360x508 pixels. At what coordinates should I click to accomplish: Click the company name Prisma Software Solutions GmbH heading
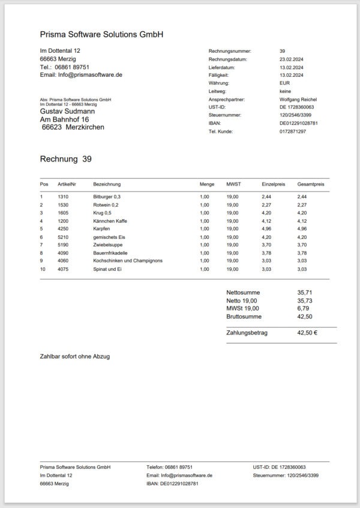tap(101, 35)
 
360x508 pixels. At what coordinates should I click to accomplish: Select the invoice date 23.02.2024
tap(292, 60)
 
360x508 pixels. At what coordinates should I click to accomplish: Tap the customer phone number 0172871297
tap(293, 131)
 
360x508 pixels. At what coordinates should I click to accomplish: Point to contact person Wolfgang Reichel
tap(298, 99)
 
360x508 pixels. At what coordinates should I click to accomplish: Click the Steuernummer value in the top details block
tap(296, 115)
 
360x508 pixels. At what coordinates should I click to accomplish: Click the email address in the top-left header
tap(81, 75)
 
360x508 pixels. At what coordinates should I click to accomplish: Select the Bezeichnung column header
tap(107, 184)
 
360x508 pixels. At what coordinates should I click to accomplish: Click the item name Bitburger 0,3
tap(107, 196)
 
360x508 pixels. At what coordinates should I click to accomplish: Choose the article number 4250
tap(63, 229)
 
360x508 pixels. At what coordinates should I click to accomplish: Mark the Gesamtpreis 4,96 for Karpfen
tap(302, 229)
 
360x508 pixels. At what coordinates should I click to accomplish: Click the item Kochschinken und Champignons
tap(128, 261)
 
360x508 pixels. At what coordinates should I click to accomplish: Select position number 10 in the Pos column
tap(43, 269)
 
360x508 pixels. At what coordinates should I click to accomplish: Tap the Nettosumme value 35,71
tap(305, 292)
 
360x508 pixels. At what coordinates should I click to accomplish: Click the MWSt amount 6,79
tap(304, 308)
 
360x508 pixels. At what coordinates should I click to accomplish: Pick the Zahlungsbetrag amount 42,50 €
tap(307, 332)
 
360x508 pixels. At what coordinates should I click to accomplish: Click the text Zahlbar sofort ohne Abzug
tap(75, 356)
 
